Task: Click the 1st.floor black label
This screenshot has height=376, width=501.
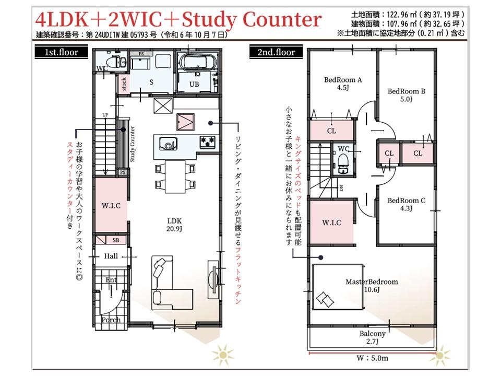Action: coord(61,52)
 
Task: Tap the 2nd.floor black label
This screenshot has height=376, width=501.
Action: coord(276,52)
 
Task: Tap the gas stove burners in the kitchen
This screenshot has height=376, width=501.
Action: coord(208,142)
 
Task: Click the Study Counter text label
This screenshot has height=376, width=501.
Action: coord(132,144)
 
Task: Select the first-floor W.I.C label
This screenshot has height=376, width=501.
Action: coord(111,206)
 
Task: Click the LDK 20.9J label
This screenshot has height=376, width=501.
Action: coord(174,225)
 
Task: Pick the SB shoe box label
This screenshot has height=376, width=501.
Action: coord(116,240)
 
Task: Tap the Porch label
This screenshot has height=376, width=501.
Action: coord(111,320)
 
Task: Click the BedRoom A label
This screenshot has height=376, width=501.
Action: coord(343,84)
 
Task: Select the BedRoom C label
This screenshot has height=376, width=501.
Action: coord(406,204)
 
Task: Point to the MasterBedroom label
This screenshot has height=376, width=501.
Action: coord(372,286)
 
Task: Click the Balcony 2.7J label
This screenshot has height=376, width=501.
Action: coord(372,337)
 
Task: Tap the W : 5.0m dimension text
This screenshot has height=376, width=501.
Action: coord(372,358)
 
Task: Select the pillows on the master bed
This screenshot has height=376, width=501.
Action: coord(325,299)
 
